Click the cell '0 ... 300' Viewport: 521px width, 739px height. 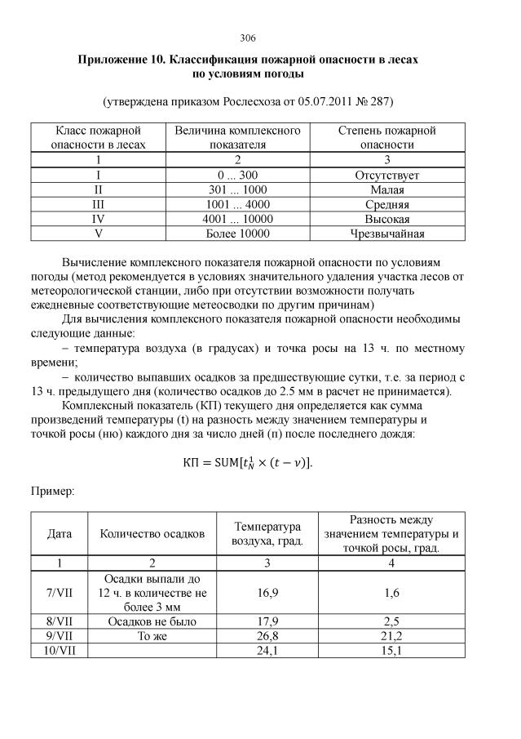tap(237, 175)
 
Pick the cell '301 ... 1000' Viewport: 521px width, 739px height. tap(237, 189)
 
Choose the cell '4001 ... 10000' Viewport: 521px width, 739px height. tap(237, 219)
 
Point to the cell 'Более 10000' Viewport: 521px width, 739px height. tap(237, 234)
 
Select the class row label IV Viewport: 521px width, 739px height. tap(98, 219)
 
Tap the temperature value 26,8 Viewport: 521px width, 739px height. tap(267, 635)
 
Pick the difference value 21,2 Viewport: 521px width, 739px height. tap(391, 635)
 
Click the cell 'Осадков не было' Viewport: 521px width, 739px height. tap(152, 621)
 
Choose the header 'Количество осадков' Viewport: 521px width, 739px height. tap(152, 533)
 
